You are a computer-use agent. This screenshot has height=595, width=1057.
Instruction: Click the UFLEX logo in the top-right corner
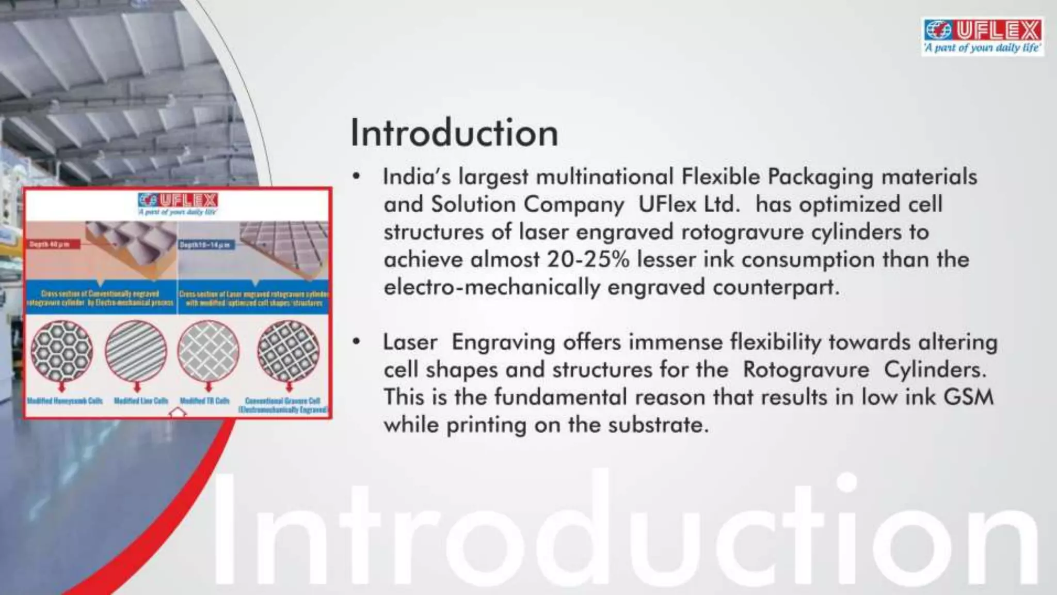(982, 36)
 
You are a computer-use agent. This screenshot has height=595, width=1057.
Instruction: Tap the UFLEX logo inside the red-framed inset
(178, 202)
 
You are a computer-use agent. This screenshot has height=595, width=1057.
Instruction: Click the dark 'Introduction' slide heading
(454, 133)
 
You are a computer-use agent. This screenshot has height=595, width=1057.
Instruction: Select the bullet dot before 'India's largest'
(356, 177)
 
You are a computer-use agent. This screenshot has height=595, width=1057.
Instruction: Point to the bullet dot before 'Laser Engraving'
(356, 342)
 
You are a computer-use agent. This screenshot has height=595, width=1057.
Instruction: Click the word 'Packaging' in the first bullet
(821, 177)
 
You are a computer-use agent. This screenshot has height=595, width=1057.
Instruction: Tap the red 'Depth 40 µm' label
(52, 244)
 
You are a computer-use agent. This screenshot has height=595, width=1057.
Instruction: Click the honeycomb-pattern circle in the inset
(62, 351)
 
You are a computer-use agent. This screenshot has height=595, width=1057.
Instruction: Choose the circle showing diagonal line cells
(136, 351)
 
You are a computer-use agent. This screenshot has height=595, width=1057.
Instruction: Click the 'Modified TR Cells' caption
(204, 401)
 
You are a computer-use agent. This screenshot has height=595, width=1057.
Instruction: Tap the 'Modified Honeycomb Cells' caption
(65, 401)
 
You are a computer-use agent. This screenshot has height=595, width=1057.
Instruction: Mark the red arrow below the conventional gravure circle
(289, 386)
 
